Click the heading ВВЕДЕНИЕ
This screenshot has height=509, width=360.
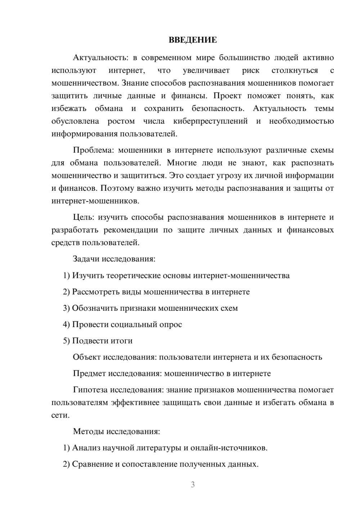[x=193, y=40]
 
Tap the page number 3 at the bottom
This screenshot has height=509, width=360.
[x=193, y=485]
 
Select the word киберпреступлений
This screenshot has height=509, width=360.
[x=210, y=121]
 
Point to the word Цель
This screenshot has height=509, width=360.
[x=83, y=217]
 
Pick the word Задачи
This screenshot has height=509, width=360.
[x=86, y=259]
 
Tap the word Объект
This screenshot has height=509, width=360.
[x=87, y=357]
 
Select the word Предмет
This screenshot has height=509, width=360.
[x=89, y=373]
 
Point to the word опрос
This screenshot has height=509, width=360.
[x=170, y=324]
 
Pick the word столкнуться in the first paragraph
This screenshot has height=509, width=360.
[x=294, y=70]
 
